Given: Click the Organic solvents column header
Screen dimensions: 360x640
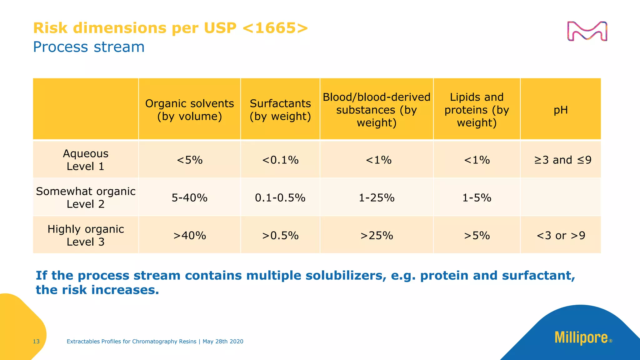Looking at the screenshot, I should coord(189,110).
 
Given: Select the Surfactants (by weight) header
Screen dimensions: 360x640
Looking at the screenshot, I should coord(280,110).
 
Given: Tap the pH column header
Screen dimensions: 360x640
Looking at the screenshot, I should coord(561,110).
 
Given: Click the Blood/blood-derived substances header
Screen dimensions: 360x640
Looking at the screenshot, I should coord(377,110).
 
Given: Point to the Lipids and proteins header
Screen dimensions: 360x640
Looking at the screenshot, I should coord(477,110).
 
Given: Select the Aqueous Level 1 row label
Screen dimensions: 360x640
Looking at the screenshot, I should coord(85,160).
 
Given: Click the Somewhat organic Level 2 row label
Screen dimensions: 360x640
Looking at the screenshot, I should coord(85,197).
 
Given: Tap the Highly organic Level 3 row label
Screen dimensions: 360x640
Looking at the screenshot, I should coord(85,235).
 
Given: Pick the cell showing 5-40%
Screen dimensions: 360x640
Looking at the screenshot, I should coord(189,198).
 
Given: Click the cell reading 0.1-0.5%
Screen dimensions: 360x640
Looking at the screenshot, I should coord(280,198).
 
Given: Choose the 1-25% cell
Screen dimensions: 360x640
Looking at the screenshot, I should coord(377,198).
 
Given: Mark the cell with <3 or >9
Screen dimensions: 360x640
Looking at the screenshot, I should coord(561,235).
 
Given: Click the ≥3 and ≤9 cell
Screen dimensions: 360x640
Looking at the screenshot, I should coord(562,160).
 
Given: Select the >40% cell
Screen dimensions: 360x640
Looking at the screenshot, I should coord(189,235).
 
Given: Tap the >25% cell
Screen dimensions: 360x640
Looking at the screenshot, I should coord(377,235).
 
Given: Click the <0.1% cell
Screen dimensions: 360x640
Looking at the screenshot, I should coord(280,160).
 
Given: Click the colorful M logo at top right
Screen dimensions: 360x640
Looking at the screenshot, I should coord(587,31).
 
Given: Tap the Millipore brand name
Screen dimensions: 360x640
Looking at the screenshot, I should coord(581,338).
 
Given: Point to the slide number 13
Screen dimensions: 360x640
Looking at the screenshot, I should coord(36,342).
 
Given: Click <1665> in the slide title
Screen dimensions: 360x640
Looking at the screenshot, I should coord(275,28).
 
